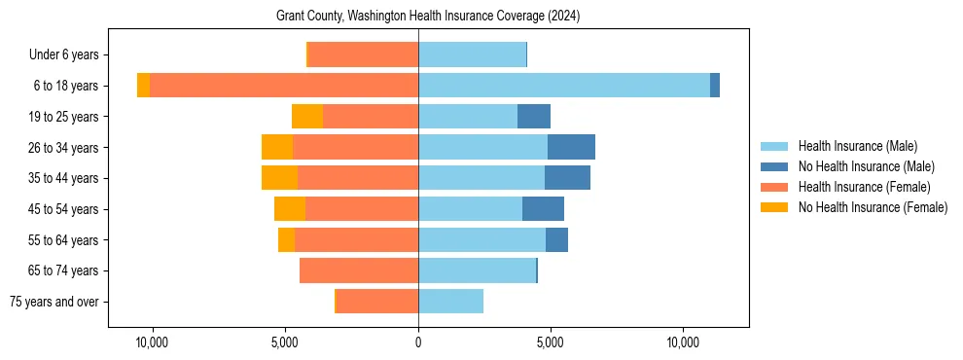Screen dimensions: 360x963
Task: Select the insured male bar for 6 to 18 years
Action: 564,86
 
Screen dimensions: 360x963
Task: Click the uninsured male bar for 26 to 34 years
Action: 571,147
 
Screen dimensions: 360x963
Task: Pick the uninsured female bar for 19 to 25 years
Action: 307,117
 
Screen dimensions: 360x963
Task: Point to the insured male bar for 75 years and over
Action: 450,302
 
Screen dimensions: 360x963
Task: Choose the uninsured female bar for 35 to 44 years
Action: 280,178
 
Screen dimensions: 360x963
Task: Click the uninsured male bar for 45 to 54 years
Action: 543,209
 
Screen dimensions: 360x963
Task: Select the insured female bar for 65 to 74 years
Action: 359,270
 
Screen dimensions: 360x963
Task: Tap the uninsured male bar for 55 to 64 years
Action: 556,239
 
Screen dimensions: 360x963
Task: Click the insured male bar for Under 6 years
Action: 472,54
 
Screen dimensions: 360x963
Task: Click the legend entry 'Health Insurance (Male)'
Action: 857,146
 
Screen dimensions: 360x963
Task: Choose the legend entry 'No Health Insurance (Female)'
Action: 873,207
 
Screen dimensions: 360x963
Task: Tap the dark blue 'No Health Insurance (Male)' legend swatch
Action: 775,166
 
